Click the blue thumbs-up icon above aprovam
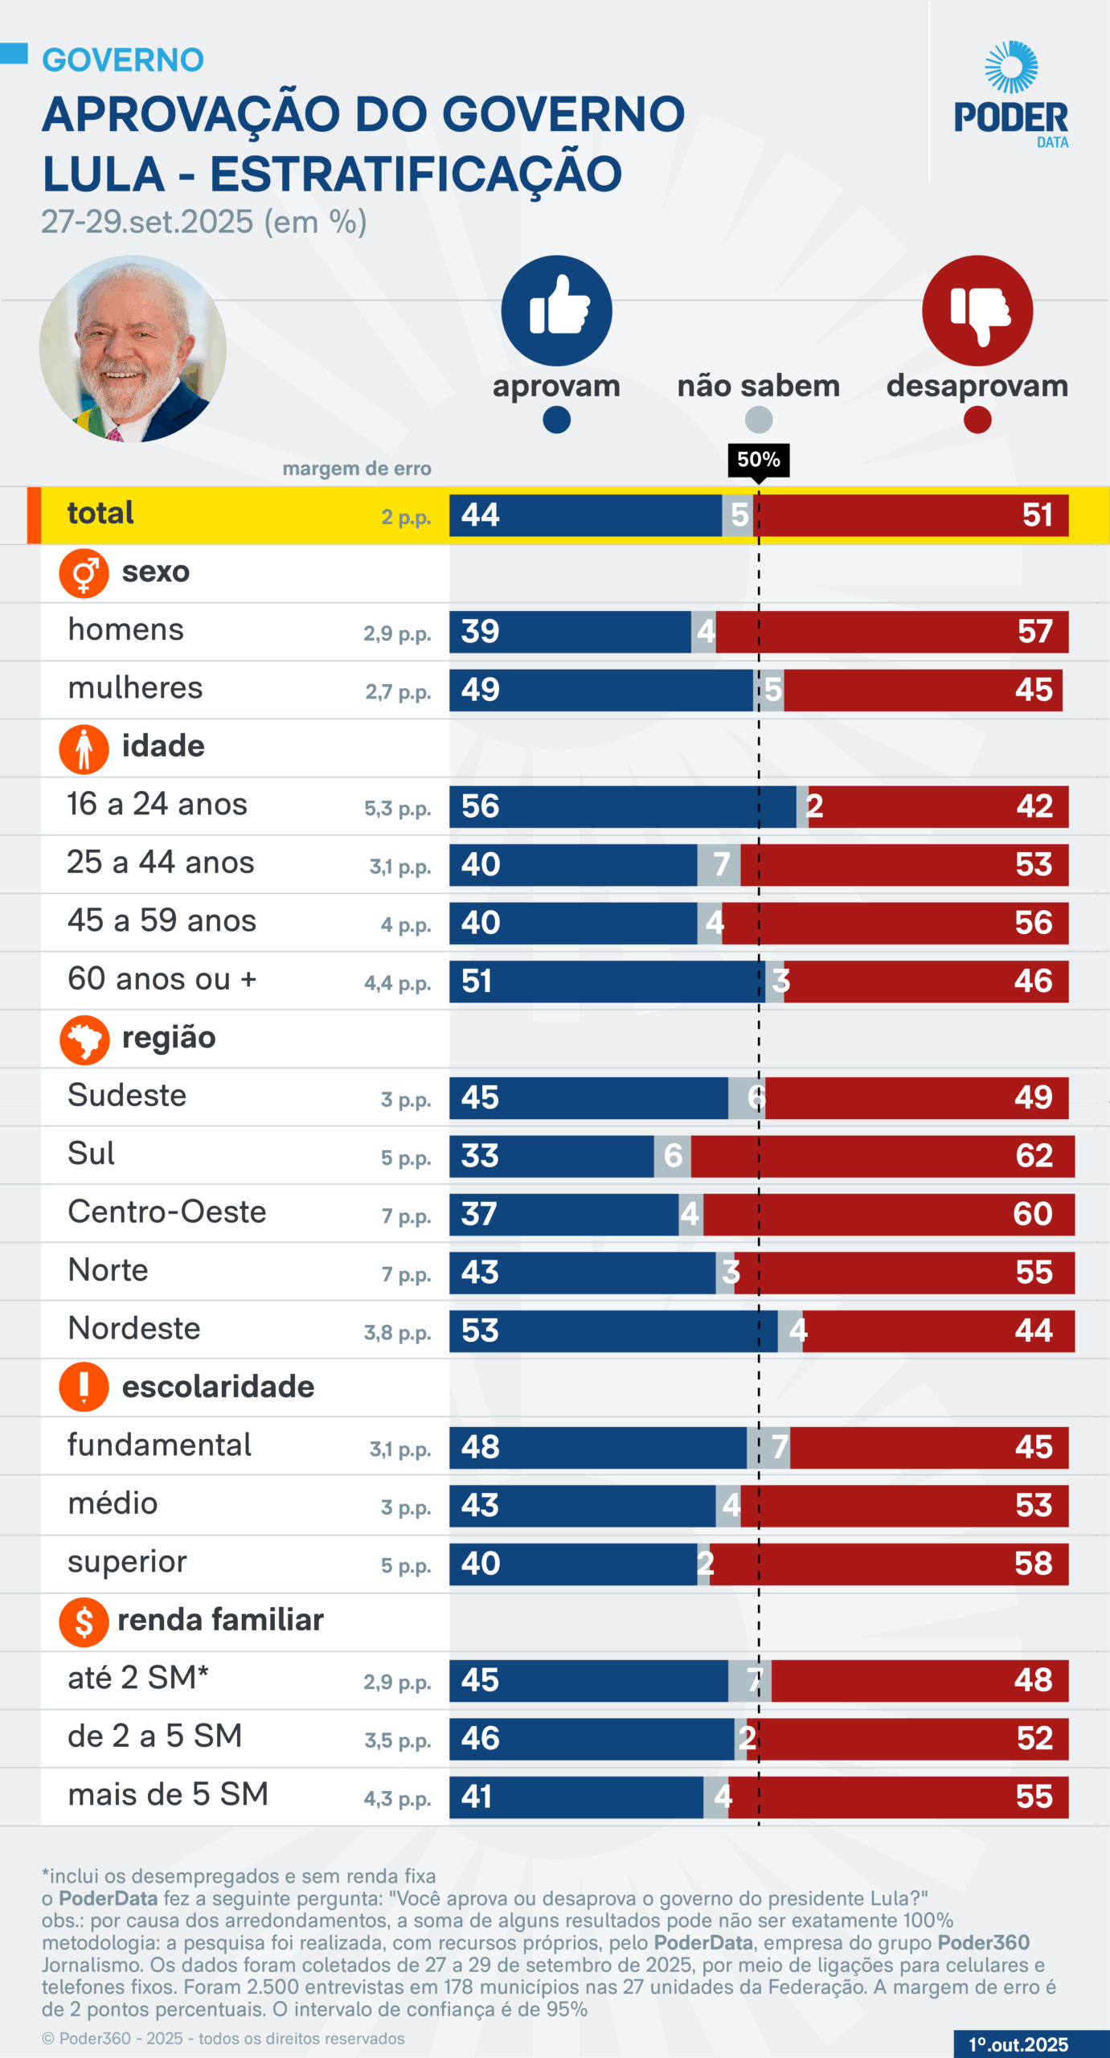556,310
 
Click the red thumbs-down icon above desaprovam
977,310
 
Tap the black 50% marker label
758,460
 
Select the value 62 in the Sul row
1034,1156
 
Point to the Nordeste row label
134,1328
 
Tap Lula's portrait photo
133,349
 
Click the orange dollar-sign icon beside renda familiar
84,1621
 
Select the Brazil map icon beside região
84,1039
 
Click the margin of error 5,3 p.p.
397,809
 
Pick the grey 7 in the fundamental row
778,1447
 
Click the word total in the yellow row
100,513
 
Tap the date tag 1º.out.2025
1018,2044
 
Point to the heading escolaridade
218,1387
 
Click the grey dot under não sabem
758,420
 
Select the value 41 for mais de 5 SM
477,1797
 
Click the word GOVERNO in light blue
123,60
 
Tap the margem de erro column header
357,469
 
